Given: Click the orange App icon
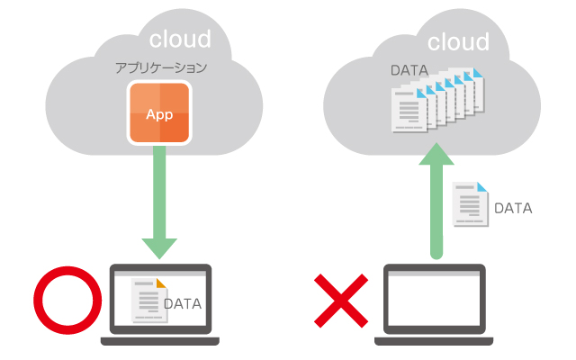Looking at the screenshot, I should tap(159, 112).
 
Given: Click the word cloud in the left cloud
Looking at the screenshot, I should tap(180, 39).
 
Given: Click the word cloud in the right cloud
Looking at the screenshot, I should tap(458, 41).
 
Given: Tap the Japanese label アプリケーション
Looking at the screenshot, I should tap(160, 67).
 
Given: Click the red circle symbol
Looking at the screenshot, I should tap(65, 302).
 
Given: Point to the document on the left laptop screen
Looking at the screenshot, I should tap(148, 300).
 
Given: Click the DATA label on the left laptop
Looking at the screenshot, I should tap(182, 303).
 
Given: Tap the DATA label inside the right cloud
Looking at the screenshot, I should tap(410, 69).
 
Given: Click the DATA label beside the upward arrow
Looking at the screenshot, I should tap(514, 208).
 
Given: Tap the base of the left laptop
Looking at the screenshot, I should tap(159, 340).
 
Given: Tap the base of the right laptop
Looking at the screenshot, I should tap(436, 340).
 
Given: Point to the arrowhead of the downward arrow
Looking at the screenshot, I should tap(159, 245).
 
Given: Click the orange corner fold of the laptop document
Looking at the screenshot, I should tap(161, 283).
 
